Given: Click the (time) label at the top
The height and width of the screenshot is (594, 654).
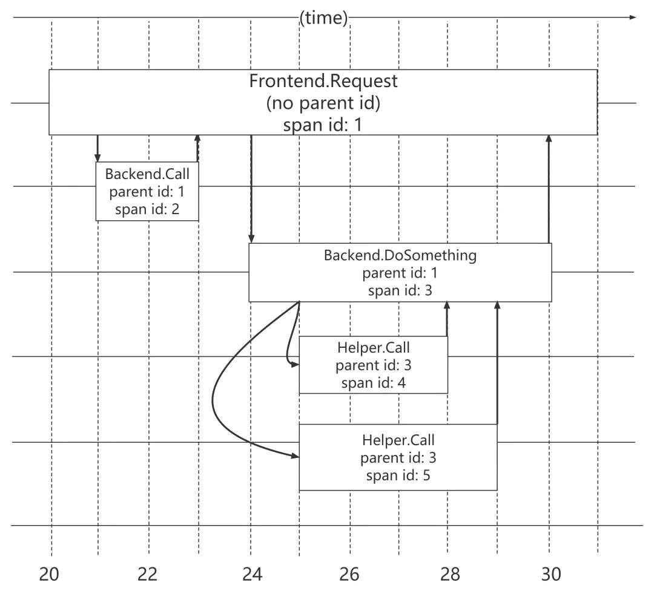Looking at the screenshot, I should point(324,18).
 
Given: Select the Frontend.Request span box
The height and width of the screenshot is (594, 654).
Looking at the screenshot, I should point(323,102).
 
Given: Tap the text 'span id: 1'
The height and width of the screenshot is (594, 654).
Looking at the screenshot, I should point(323,125).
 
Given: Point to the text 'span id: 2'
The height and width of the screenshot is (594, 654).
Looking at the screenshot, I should point(147,210).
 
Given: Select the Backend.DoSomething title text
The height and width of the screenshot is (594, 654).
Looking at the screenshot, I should point(400,255).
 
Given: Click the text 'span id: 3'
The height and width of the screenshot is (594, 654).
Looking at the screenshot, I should point(400,290).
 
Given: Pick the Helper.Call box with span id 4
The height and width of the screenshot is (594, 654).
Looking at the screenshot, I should point(373,365).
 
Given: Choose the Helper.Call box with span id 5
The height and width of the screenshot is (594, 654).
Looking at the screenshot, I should point(398,457).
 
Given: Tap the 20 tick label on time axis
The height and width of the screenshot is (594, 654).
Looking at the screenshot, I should point(50,574).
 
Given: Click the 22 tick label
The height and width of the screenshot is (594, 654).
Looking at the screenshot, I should point(148,574).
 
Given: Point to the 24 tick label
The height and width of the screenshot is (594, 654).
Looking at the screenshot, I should point(251,574).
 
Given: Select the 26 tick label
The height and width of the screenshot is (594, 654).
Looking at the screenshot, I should point(349,574).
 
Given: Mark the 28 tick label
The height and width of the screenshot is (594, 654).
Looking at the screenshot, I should point(450,574).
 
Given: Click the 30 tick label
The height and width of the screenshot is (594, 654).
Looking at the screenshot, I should point(550,574).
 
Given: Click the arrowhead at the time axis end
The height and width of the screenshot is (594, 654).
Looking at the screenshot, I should point(633,18).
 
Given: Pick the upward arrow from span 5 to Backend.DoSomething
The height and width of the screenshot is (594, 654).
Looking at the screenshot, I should point(497,363).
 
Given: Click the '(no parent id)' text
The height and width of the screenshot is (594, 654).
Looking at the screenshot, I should point(323,103).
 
